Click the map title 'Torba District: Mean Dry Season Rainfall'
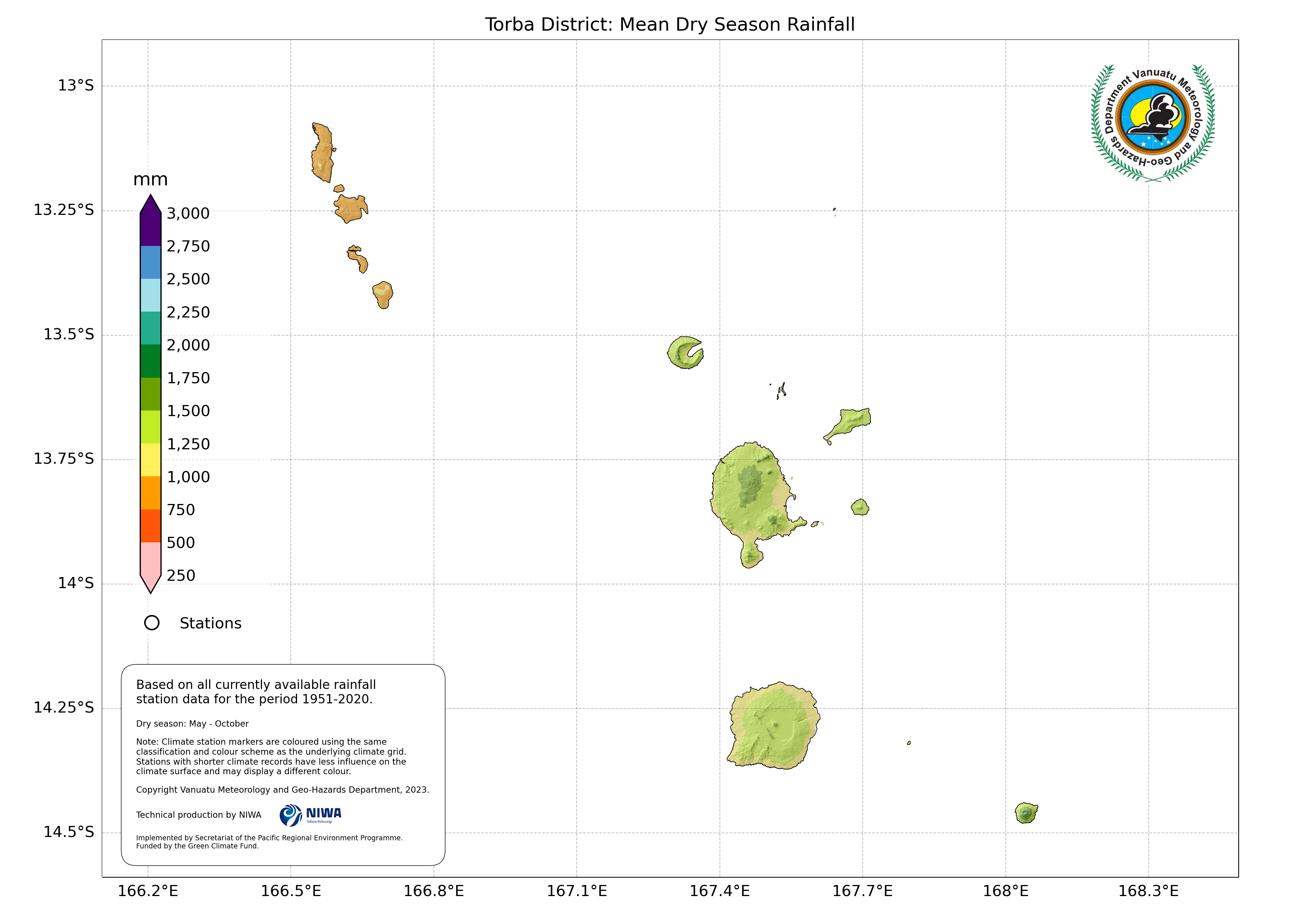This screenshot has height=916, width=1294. pos(670,25)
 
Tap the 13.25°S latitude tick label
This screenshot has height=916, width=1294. pos(64,210)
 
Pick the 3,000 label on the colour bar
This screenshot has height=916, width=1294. pos(188,213)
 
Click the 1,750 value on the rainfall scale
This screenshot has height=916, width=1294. pos(188,378)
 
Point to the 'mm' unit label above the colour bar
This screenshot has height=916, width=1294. pos(151,180)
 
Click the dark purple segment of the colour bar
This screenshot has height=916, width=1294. pos(151,226)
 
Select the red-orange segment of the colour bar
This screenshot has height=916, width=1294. pos(151,526)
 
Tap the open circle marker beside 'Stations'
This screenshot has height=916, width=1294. pos(152,623)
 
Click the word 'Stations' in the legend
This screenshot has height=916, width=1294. pos(210,623)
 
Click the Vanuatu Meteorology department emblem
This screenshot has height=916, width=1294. pos(1153,123)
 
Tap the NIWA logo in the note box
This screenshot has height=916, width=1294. pos(311,814)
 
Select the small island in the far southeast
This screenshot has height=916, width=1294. pos(1026,813)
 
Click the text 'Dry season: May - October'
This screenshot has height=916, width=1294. pos(192,724)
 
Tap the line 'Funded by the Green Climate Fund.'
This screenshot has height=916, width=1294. pos(197,846)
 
